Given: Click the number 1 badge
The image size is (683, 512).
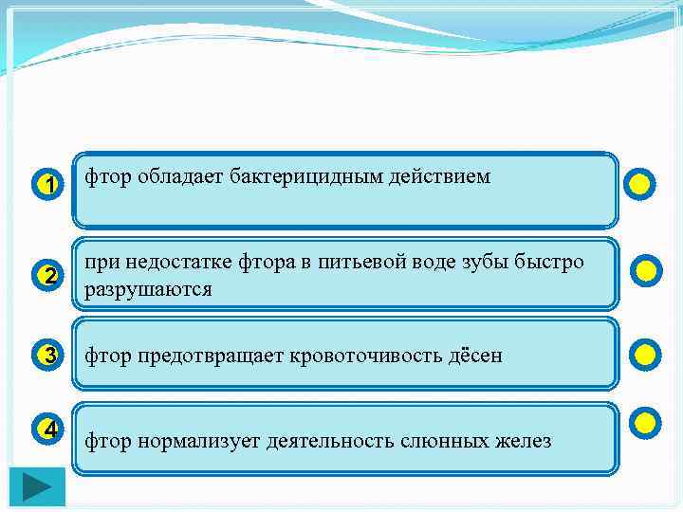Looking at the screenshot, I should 48,183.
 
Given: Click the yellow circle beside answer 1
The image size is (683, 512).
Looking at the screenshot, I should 640,183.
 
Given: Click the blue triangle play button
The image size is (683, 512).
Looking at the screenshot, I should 38,486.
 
